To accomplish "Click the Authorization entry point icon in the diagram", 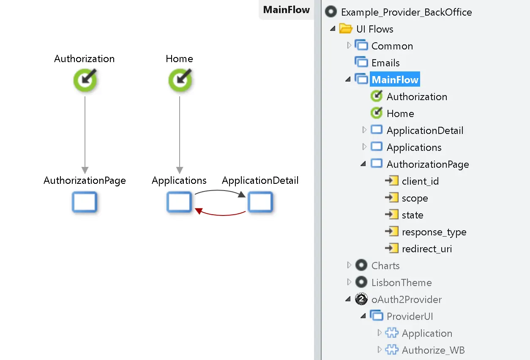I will (x=85, y=80).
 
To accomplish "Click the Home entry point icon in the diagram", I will (x=180, y=80).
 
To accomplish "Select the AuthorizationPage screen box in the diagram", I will (x=85, y=202).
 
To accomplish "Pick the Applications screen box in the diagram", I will (x=179, y=202).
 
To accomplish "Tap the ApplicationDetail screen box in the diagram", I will (x=260, y=202).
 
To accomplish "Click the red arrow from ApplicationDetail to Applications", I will (x=220, y=214).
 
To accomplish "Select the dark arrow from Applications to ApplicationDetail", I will (x=220, y=191).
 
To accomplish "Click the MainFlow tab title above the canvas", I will (x=286, y=10).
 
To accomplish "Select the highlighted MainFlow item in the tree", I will (x=395, y=80).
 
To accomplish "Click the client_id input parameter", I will (x=420, y=181).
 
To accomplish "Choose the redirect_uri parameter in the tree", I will (x=426, y=249).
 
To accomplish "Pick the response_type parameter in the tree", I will (x=434, y=232).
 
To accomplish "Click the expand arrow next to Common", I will (x=349, y=45).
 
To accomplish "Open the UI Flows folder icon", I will (x=346, y=29).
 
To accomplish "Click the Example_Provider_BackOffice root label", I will (x=406, y=12).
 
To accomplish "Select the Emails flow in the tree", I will (x=385, y=63).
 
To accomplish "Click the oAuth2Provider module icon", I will (x=361, y=299).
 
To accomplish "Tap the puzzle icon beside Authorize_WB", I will (x=392, y=350).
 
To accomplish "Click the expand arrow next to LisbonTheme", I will (x=349, y=282).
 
